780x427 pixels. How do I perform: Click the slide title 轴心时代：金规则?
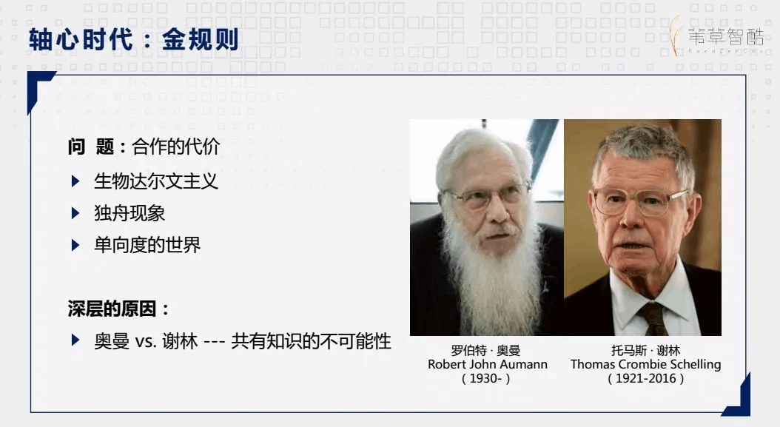pyautogui.click(x=134, y=39)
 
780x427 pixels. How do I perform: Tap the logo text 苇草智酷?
pyautogui.click(x=726, y=37)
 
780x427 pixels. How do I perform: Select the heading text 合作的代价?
pyautogui.click(x=175, y=147)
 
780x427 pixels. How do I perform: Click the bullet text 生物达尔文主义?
pyautogui.click(x=156, y=181)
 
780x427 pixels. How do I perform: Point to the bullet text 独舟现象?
pyautogui.click(x=130, y=213)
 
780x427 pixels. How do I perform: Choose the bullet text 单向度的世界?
pyautogui.click(x=147, y=245)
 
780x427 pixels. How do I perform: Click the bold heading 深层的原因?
pyautogui.click(x=112, y=309)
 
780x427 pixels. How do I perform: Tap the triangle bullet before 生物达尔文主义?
pyautogui.click(x=75, y=181)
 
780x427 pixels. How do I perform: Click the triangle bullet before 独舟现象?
pyautogui.click(x=75, y=213)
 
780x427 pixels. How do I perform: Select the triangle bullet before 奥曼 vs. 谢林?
pyautogui.click(x=75, y=340)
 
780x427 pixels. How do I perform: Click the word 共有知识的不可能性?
pyautogui.click(x=312, y=341)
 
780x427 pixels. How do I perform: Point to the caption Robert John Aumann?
pyautogui.click(x=488, y=364)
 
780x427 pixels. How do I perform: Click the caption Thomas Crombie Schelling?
pyautogui.click(x=646, y=364)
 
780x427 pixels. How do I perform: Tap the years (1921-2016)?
pyautogui.click(x=646, y=378)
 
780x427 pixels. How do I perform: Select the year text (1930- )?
pyautogui.click(x=486, y=378)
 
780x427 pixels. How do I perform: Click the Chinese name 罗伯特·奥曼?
pyautogui.click(x=486, y=350)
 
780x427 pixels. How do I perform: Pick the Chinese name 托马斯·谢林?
pyautogui.click(x=646, y=350)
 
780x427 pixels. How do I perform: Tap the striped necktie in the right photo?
pyautogui.click(x=654, y=318)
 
